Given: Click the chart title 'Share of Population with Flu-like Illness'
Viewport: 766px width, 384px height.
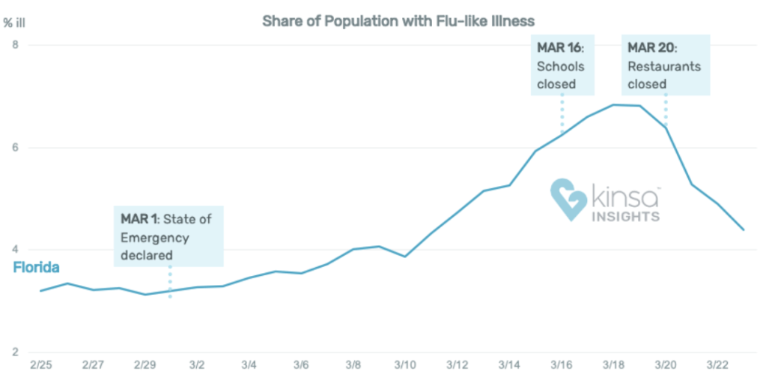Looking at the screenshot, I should tap(398, 20).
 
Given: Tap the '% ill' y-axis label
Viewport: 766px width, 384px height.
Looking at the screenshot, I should tap(16, 22).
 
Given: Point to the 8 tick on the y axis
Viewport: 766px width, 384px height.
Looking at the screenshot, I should tap(13, 45).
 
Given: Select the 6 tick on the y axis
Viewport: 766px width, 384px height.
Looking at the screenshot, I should tap(13, 148).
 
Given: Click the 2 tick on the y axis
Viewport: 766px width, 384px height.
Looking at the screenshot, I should tap(13, 352).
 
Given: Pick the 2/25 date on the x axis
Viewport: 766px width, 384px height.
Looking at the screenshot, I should tap(40, 365).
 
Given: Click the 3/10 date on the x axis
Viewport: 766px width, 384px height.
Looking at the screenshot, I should tap(405, 365).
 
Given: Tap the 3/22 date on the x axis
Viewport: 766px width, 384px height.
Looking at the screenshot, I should tap(717, 365).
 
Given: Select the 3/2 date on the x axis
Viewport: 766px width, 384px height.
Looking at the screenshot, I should tap(197, 365).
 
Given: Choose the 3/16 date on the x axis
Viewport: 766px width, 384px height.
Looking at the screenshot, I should tap(562, 365).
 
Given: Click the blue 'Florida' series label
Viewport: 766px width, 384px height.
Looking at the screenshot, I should tap(36, 268).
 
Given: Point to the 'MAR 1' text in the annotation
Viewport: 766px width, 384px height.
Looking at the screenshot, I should tap(139, 220).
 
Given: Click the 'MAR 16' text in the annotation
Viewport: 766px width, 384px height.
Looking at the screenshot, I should tap(558, 48).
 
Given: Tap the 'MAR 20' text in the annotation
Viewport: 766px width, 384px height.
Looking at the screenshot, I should tap(651, 48).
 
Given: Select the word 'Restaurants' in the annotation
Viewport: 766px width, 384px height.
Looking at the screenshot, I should tap(664, 66).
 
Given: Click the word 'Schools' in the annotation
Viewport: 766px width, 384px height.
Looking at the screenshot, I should tap(560, 66).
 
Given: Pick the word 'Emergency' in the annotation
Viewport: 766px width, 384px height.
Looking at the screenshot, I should tap(155, 238).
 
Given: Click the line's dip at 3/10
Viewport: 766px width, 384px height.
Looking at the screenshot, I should tap(405, 256).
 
